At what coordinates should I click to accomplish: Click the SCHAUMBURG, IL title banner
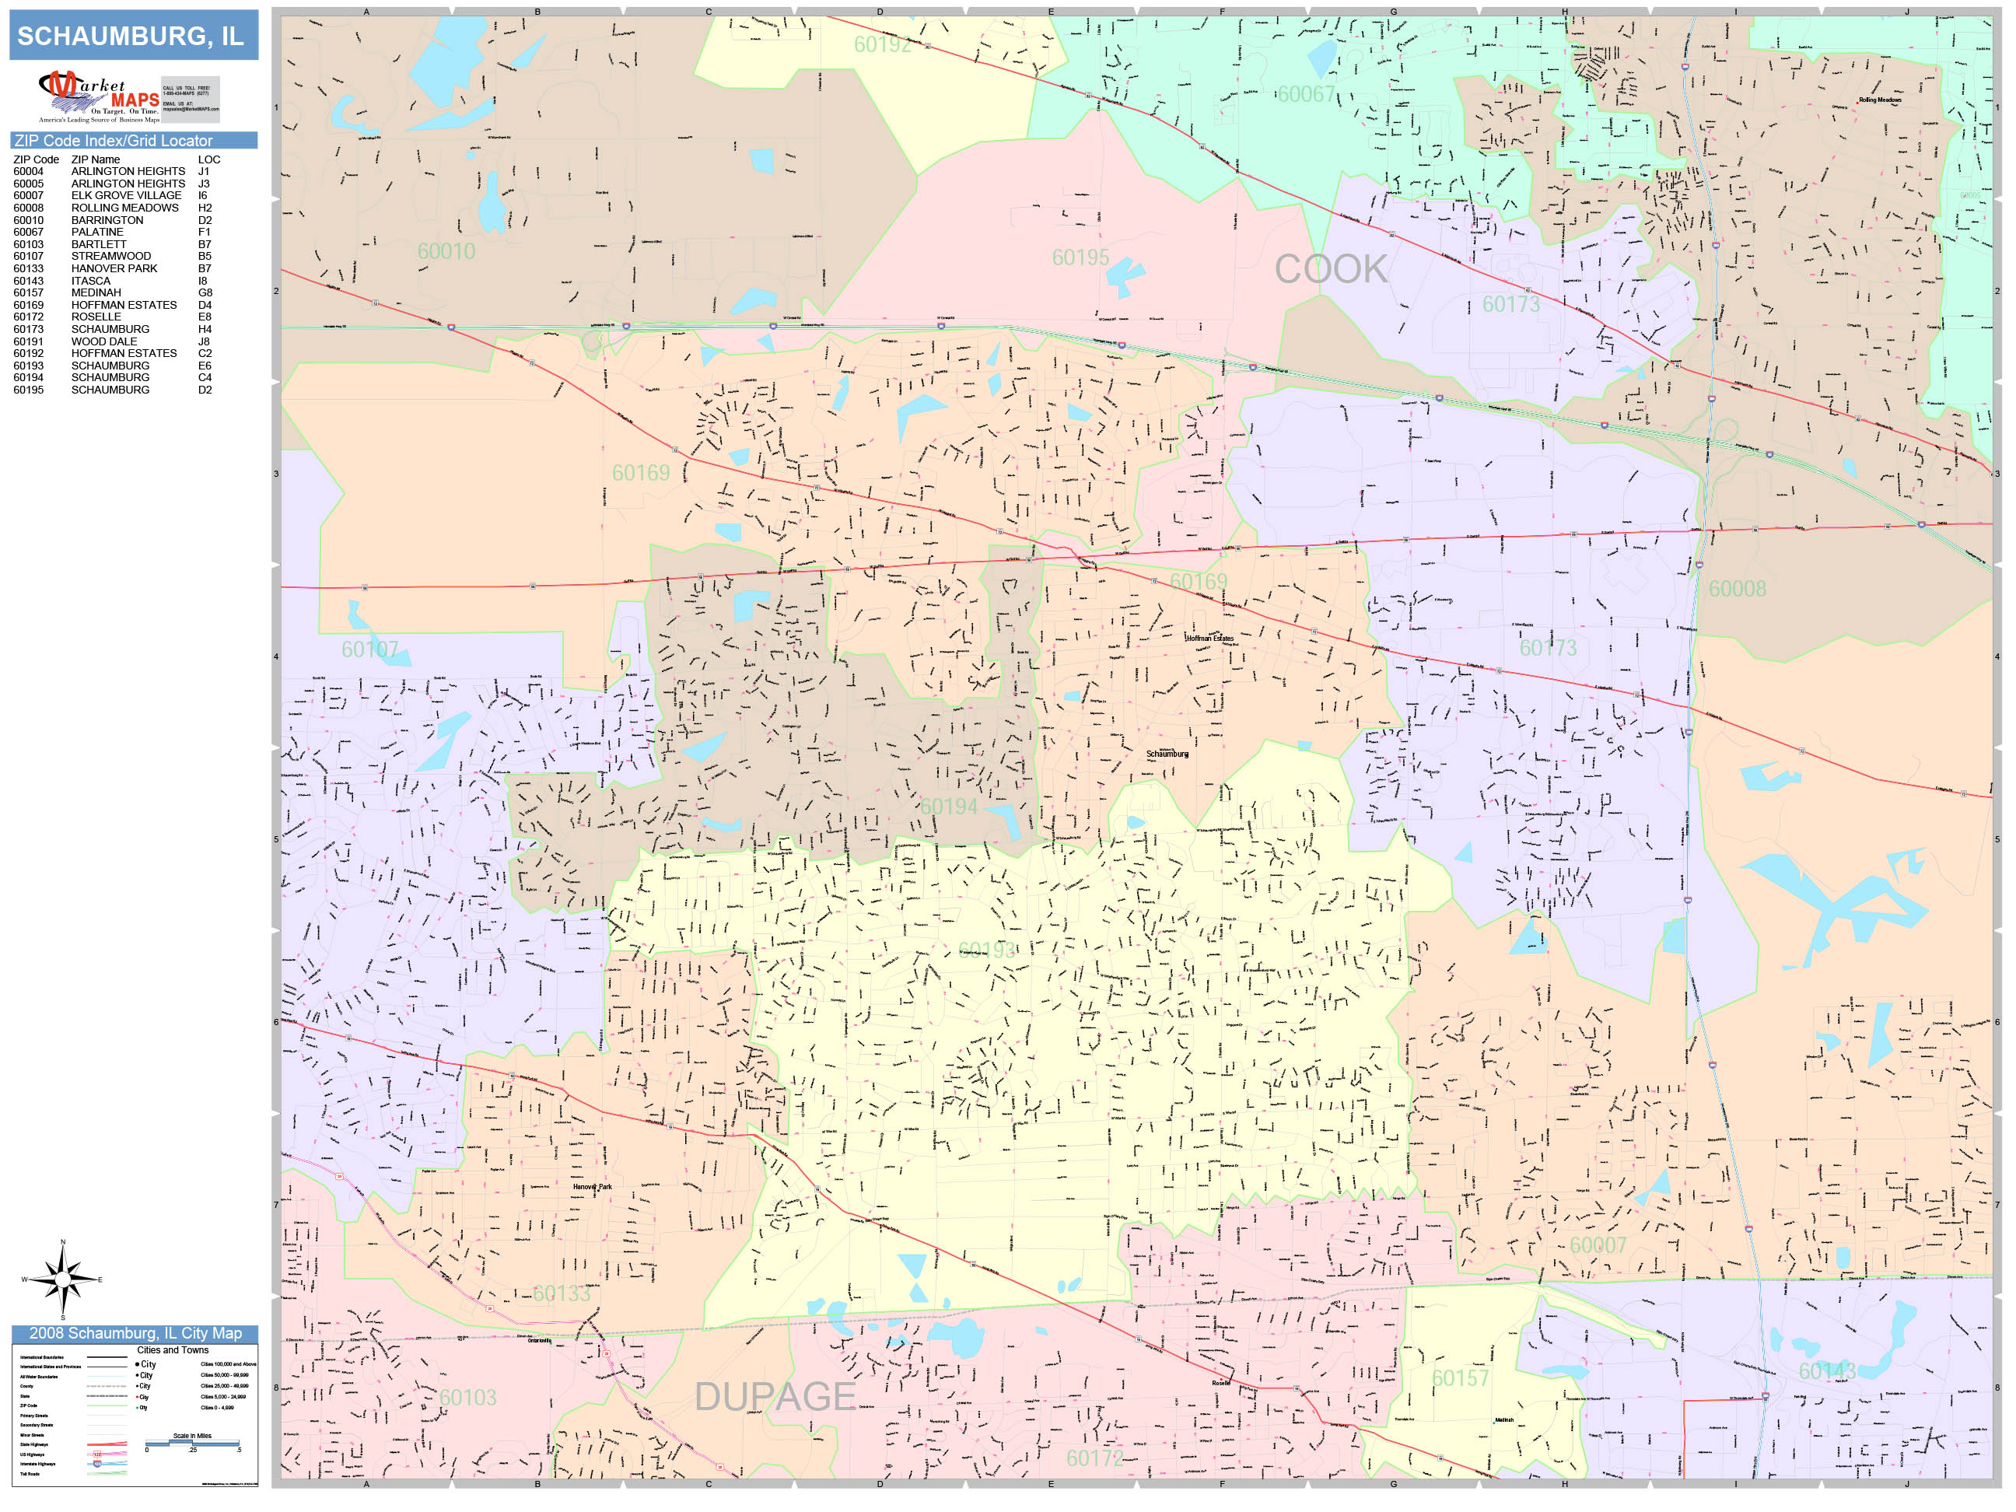pyautogui.click(x=133, y=36)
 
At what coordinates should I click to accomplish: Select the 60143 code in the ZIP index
pyautogui.click(x=28, y=281)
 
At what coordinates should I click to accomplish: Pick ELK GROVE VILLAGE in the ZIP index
pyautogui.click(x=126, y=195)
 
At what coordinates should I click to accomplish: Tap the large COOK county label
pyautogui.click(x=1330, y=269)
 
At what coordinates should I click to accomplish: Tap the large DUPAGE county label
pyautogui.click(x=775, y=1396)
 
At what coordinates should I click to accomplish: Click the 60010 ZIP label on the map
pyautogui.click(x=446, y=251)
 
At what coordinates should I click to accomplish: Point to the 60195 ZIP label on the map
pyautogui.click(x=1080, y=258)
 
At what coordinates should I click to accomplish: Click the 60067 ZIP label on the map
pyautogui.click(x=1305, y=95)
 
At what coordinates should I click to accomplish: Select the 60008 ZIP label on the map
pyautogui.click(x=1736, y=589)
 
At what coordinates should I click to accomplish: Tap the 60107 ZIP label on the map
pyautogui.click(x=369, y=649)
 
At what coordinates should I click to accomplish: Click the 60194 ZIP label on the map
pyautogui.click(x=948, y=807)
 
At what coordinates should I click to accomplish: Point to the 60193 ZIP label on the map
pyautogui.click(x=986, y=950)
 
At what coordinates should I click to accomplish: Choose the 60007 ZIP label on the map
pyautogui.click(x=1597, y=1245)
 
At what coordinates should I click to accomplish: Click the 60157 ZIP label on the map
pyautogui.click(x=1459, y=1378)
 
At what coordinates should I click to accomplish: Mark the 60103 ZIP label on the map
pyautogui.click(x=467, y=1397)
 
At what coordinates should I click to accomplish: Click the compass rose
pyautogui.click(x=62, y=1279)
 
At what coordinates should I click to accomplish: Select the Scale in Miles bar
pyautogui.click(x=192, y=1443)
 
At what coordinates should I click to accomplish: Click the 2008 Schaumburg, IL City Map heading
pyautogui.click(x=135, y=1333)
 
